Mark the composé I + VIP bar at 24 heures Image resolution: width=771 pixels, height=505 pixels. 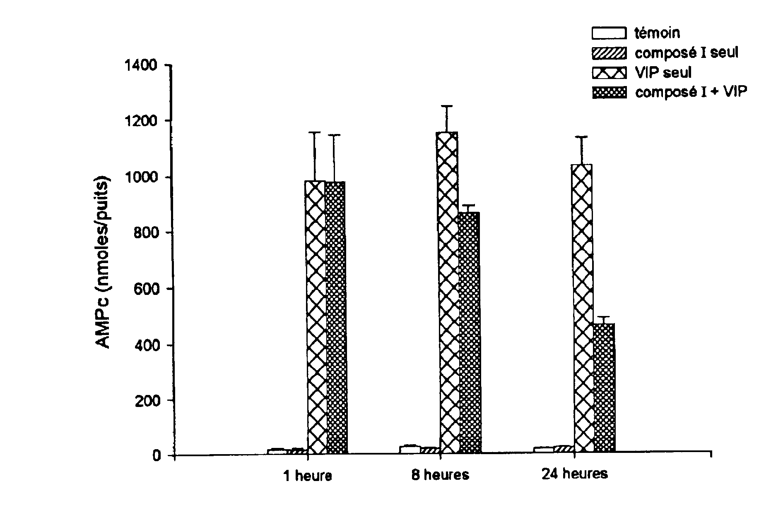pos(603,389)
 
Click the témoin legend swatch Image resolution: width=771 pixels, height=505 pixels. pos(609,33)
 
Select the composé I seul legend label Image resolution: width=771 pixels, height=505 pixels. pos(686,53)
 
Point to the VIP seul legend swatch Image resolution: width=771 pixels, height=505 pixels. pos(609,73)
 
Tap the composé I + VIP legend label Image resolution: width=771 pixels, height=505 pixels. pos(691,92)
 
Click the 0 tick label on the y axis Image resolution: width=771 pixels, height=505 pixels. pos(157,456)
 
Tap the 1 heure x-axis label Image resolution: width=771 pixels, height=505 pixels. pos(307,476)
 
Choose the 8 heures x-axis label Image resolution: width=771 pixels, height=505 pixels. pos(440,475)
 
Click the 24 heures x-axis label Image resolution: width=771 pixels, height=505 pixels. pos(574,474)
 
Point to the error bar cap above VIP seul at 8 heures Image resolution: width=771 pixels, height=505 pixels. pos(447,106)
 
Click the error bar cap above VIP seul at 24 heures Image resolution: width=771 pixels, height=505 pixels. pos(582,136)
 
